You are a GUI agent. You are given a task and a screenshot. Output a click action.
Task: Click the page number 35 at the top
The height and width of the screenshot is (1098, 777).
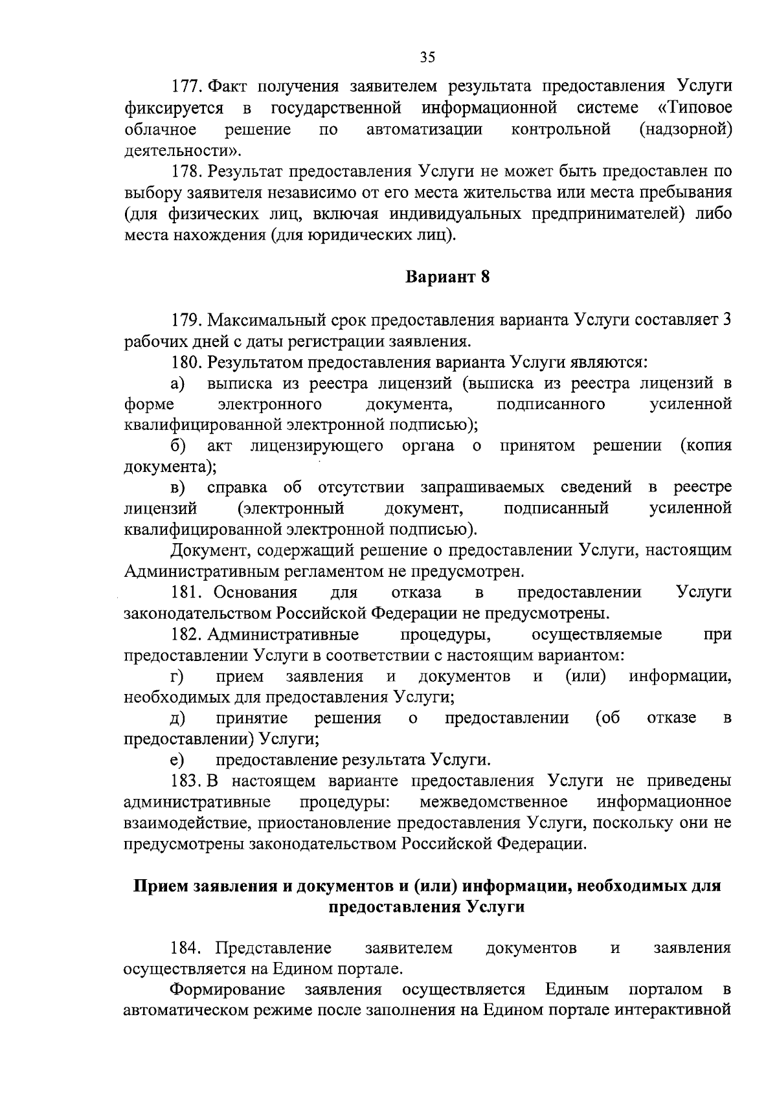pyautogui.click(x=427, y=57)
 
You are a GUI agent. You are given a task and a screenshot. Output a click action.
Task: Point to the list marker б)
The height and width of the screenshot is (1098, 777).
pyautogui.click(x=179, y=446)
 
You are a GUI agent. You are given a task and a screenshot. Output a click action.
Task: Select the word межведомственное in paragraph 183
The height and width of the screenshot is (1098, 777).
pyautogui.click(x=494, y=802)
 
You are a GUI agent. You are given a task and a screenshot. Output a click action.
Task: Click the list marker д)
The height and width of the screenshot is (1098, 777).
pyautogui.click(x=178, y=718)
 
